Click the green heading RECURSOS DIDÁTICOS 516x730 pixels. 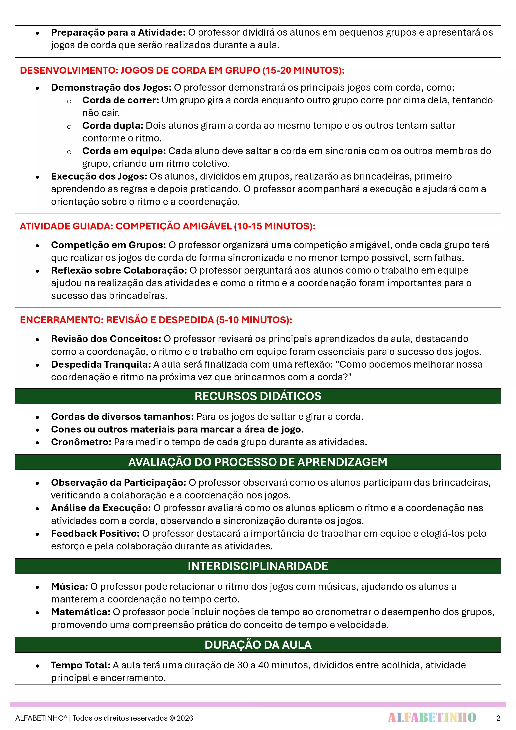258,396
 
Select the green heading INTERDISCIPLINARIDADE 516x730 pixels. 258,566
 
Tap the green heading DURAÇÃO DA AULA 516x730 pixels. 258,645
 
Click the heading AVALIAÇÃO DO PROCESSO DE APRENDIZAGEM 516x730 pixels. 258,462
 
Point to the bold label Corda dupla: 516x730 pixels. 113,126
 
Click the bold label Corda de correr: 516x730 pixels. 120,100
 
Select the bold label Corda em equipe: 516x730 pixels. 124,151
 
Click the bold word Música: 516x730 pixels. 69,587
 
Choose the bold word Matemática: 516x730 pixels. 81,612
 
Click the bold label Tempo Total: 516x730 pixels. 81,665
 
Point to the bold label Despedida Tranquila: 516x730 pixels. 101,364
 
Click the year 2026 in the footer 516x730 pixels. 185,718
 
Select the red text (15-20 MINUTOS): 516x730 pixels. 303,70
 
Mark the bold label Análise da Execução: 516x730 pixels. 101,508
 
